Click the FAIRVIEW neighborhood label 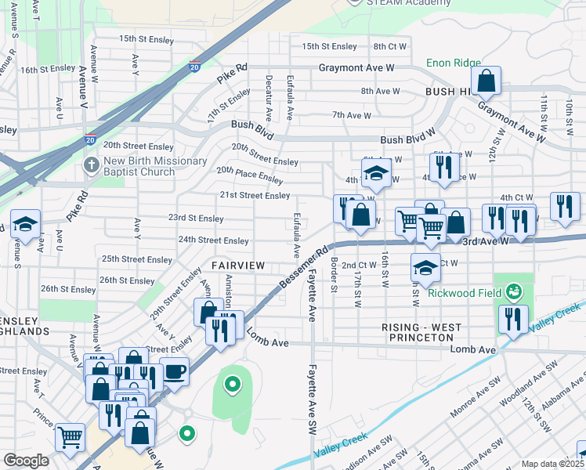click(238, 266)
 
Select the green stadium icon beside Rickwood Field click(514, 293)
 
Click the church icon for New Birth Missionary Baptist click(91, 166)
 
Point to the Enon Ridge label click(452, 63)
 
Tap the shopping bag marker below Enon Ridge click(487, 80)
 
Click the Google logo click(26, 461)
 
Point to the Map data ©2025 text click(552, 464)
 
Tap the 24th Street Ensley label click(214, 240)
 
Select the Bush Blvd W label click(408, 139)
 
